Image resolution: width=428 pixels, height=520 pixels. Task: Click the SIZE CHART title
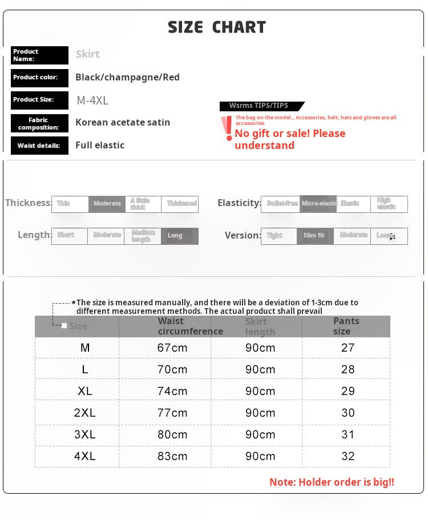pos(217,27)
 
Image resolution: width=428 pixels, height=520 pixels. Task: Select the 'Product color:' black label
pos(39,78)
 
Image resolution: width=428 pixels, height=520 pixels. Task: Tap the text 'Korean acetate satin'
pos(123,122)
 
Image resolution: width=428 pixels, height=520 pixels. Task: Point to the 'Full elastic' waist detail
pos(100,145)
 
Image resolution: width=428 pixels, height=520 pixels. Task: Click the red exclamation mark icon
pos(228,129)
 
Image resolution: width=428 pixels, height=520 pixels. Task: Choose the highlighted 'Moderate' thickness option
pos(107,204)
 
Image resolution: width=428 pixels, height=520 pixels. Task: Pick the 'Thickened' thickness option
pos(180,204)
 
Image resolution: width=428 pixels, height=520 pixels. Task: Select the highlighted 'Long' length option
pos(179,236)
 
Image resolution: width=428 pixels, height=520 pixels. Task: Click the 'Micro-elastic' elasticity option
pos(318,204)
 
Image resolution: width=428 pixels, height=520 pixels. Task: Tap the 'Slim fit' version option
pos(314,236)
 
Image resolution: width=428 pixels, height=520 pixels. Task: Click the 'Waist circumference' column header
pos(190,326)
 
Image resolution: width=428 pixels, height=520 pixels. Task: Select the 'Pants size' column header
pos(346,326)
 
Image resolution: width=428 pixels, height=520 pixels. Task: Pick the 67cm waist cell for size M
pos(172,348)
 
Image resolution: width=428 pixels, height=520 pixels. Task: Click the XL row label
pos(85,391)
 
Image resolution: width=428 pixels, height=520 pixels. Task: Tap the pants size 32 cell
pos(348,456)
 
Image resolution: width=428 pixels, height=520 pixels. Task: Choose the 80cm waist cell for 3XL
pos(172,434)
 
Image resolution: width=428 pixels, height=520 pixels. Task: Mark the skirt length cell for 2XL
pos(260,413)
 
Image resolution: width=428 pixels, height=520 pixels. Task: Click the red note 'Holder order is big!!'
pos(332,482)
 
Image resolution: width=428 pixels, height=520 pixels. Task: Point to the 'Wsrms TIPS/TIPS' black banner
pos(260,106)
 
